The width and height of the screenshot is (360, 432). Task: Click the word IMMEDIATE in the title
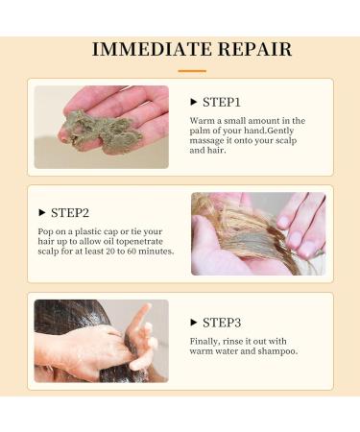152,49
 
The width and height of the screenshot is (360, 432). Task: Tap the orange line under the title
192,71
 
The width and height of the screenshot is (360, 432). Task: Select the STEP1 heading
222,103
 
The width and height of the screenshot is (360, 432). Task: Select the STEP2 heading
70,213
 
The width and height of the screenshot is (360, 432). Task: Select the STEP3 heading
222,323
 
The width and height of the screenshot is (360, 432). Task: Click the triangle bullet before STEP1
193,102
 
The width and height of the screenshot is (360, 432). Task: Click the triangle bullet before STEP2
41,212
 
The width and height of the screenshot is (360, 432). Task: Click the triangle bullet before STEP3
193,323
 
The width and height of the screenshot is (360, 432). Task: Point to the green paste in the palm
103,130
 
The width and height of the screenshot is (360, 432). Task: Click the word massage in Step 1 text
206,141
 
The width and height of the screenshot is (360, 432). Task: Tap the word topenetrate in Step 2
139,242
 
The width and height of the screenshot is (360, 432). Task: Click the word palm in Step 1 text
198,131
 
